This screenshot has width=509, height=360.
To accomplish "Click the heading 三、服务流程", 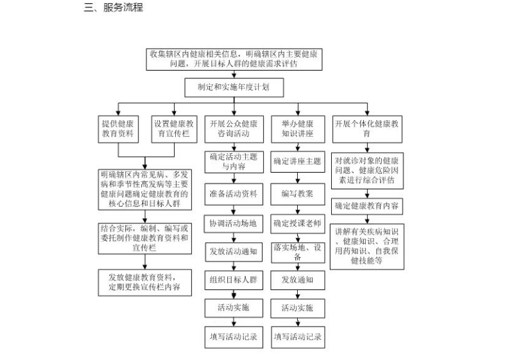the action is coord(114,7).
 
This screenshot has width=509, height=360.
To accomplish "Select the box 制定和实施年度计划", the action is coord(234,87).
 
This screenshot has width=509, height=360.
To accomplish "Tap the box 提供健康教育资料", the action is coord(118,129).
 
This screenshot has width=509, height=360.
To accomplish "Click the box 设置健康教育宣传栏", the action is coord(174,129).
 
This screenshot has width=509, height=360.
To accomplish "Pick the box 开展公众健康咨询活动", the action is coord(234,129).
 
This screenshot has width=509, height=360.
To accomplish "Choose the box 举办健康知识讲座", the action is coord(298,129).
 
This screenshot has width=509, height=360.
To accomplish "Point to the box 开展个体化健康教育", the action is coord(367,129).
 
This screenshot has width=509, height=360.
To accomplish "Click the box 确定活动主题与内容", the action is coord(234,162).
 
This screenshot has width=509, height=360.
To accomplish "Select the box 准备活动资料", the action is coord(234,194).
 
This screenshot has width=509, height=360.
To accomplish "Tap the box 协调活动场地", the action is coord(234,224).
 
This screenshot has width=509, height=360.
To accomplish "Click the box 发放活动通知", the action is coord(234,252).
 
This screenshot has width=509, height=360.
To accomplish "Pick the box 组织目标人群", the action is coord(234,280).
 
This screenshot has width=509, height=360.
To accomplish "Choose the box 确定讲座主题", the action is coord(298,162).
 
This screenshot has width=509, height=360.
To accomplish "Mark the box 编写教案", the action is coord(298,194).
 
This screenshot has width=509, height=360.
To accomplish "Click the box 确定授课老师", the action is coord(298,224).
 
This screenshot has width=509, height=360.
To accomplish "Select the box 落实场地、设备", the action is coord(298,253).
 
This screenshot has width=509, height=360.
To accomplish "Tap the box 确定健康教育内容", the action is coord(367,206).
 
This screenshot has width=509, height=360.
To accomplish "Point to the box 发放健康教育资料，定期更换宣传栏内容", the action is coord(145,282).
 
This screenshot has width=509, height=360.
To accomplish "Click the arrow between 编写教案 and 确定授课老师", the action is coord(298,210).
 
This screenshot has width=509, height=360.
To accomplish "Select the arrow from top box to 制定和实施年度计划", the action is coord(234,74).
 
